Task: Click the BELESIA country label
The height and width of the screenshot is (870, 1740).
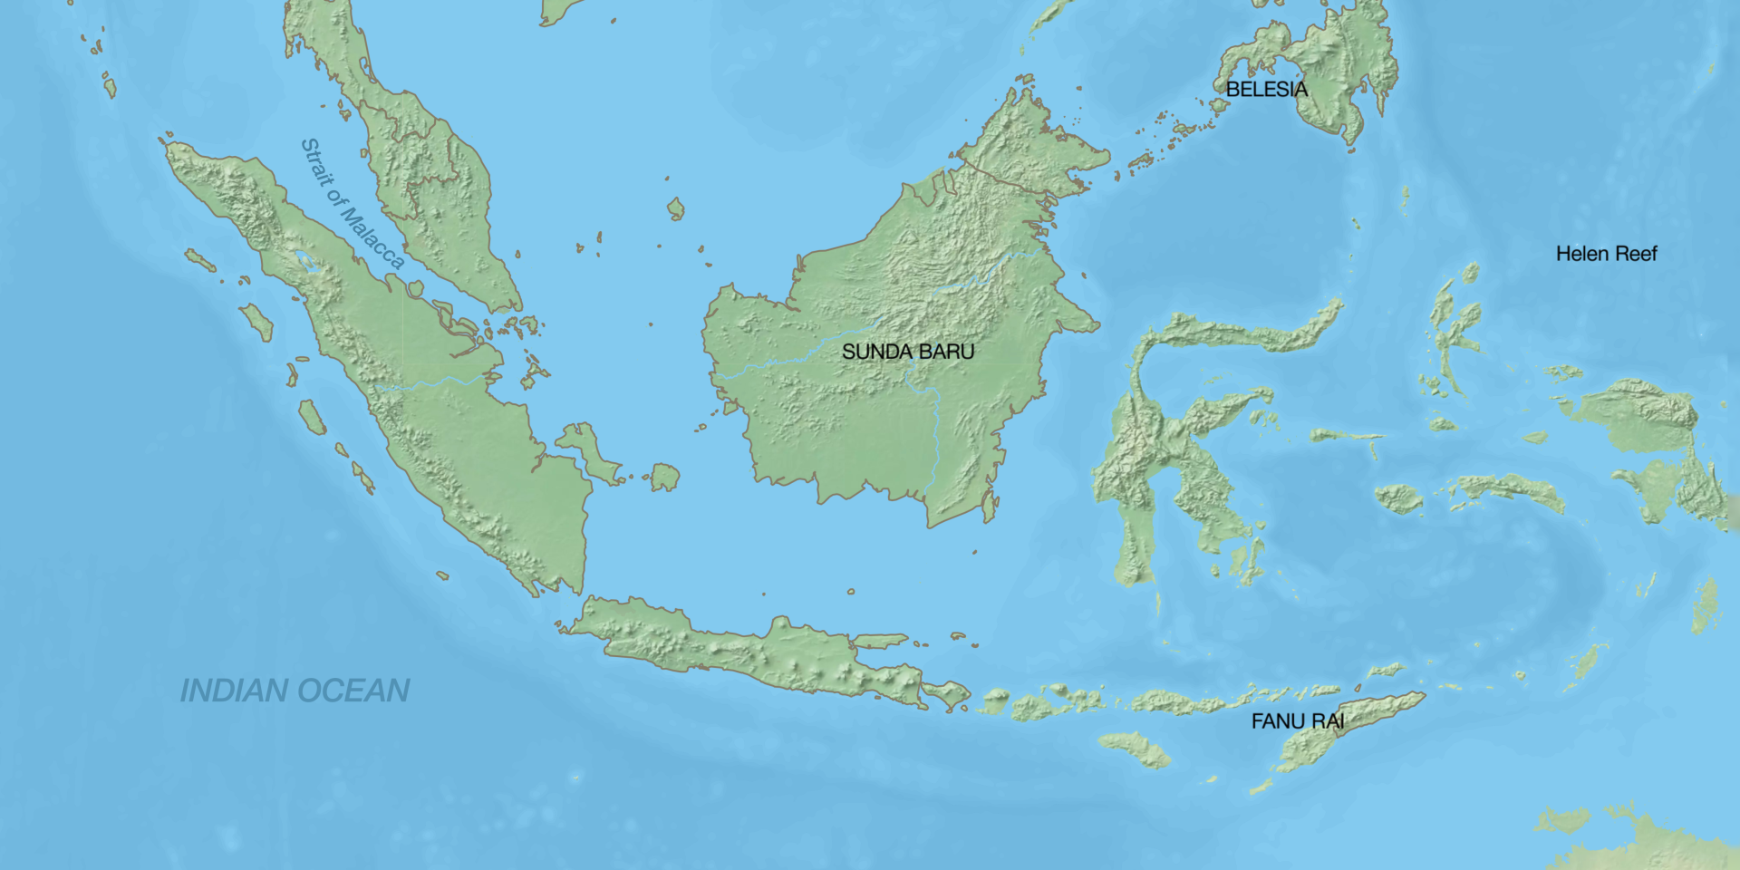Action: [x=1266, y=89]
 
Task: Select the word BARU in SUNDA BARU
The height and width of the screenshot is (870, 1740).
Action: [x=946, y=352]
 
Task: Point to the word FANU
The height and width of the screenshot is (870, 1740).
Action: [x=1279, y=721]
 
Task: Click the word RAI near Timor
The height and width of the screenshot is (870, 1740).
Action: [x=1328, y=721]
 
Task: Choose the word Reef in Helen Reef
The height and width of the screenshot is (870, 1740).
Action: [x=1635, y=254]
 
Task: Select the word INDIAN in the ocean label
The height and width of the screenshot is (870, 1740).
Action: [x=234, y=691]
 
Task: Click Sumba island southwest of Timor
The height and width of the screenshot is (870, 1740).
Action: [x=1134, y=749]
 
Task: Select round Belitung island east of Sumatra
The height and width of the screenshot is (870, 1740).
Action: [x=665, y=477]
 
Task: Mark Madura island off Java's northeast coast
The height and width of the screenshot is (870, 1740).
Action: [x=879, y=641]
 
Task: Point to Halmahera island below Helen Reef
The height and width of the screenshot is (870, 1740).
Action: [x=1455, y=326]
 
